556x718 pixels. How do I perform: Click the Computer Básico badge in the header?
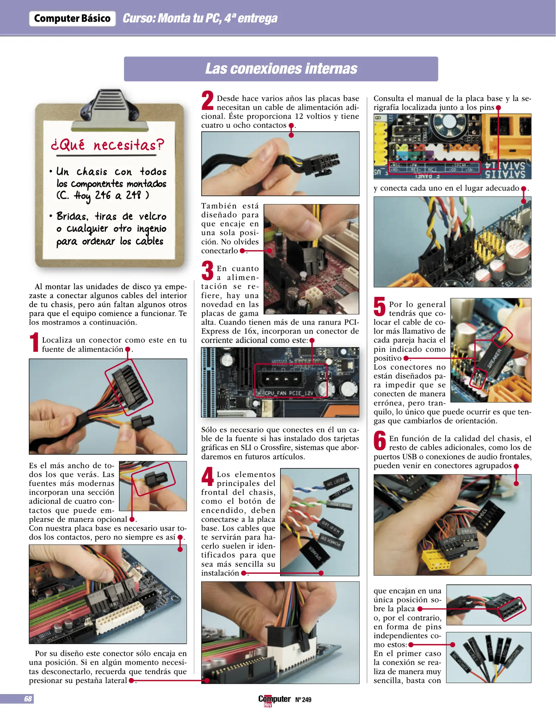coord(72,19)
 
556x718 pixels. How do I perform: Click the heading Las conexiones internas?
coord(281,69)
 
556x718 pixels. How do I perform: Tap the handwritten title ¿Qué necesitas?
coord(107,145)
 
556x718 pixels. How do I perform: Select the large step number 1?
coord(34,342)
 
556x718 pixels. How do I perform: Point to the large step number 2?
coord(207,100)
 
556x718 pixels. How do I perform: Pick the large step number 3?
coord(207,271)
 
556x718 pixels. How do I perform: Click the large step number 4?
coord(207,476)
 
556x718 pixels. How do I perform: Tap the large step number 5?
coord(380,306)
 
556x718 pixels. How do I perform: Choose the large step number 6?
coord(380,440)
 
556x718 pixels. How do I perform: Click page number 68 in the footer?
coord(28,699)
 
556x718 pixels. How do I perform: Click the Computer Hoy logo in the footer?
coord(274,700)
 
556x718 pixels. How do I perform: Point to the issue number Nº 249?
coord(303,700)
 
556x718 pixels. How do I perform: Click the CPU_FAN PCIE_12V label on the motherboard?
coord(289,393)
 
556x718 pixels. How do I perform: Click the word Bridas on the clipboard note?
coord(72,216)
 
